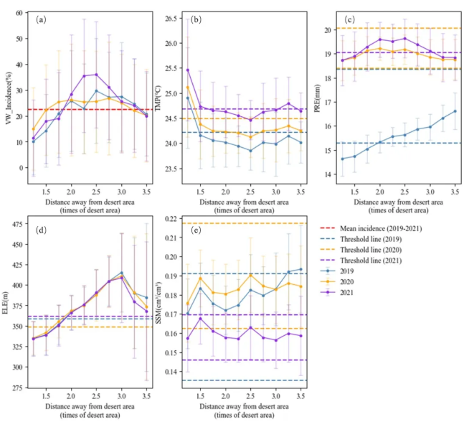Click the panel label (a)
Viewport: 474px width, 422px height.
[42, 19]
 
